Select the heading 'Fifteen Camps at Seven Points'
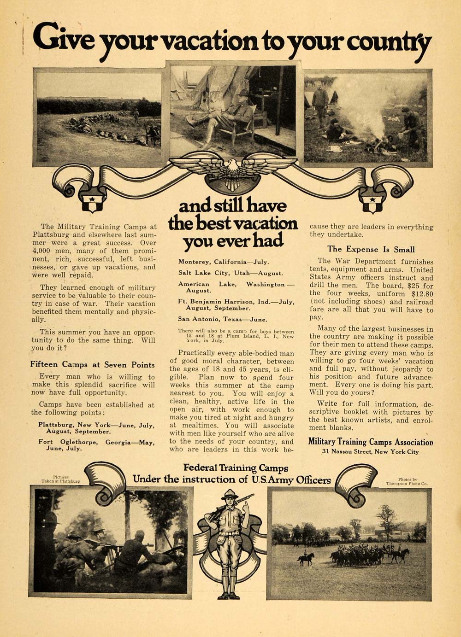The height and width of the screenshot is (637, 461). click(93, 365)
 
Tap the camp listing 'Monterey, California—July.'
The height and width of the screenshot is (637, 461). click(224, 262)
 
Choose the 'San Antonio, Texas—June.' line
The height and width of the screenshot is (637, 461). click(223, 319)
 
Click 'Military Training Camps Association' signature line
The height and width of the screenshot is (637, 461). click(371, 442)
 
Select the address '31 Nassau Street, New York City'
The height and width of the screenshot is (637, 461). click(370, 452)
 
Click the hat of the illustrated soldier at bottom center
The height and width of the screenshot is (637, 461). click(229, 494)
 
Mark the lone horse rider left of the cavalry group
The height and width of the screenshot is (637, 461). click(307, 558)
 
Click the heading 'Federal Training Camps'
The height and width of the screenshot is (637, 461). click(236, 468)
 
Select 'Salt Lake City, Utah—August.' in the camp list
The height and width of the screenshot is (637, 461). click(230, 273)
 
